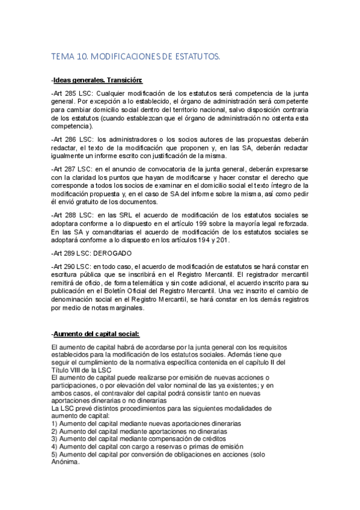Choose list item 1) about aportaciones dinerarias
point(146,423)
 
